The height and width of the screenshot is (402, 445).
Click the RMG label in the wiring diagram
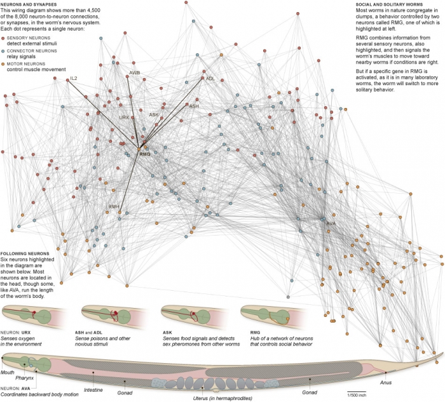click(x=145, y=154)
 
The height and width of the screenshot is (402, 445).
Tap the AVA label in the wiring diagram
click(x=331, y=224)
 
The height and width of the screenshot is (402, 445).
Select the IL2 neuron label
click(x=74, y=78)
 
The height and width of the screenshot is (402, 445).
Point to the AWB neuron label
click(x=135, y=73)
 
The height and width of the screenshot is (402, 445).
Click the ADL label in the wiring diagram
click(x=210, y=79)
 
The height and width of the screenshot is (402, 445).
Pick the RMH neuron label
click(x=114, y=206)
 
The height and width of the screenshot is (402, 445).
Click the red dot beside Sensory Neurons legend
click(x=3, y=38)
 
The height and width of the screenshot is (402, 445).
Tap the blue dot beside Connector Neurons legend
click(x=3, y=51)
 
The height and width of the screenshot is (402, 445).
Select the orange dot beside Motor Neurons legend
click(x=3, y=64)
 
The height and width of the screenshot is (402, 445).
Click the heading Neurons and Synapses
click(x=29, y=4)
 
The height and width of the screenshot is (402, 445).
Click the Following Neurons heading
click(x=25, y=253)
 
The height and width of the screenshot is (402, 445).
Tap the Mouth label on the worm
click(x=7, y=372)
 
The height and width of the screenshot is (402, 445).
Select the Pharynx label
click(x=24, y=378)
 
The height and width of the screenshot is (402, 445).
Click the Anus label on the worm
click(x=386, y=382)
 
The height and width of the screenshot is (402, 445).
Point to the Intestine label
click(x=93, y=390)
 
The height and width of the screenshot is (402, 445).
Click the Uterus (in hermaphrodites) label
click(x=222, y=398)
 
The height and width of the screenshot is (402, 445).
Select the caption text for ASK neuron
click(x=202, y=341)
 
